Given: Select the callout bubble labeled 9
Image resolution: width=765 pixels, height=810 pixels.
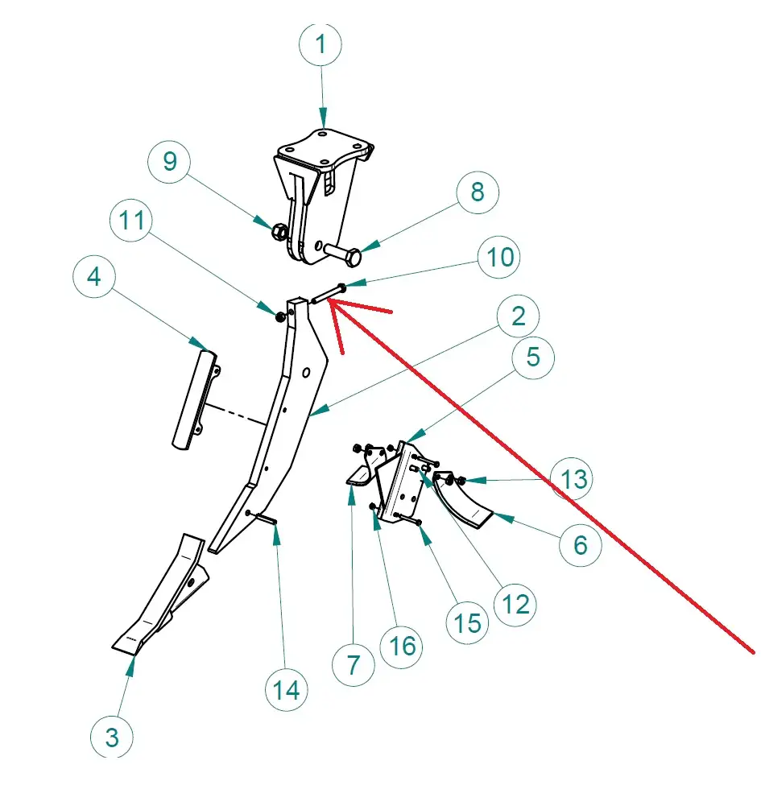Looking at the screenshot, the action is coord(170,161).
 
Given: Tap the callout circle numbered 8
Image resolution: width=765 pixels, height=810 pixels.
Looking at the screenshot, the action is coord(478,192).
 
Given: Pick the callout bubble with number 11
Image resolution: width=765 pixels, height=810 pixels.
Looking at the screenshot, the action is coord(134,220).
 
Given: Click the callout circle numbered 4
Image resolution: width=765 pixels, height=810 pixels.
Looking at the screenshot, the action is coord(94,278).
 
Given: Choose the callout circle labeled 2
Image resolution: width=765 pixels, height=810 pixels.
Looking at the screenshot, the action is coord(518,316).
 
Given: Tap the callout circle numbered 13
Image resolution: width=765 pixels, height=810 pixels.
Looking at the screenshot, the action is coord(573,478).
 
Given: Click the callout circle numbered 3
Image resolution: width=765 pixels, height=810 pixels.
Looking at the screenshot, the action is coord(111,735).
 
